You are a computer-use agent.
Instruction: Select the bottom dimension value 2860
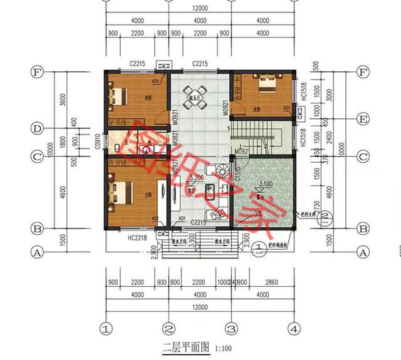[270, 283]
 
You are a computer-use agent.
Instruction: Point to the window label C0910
[98, 144]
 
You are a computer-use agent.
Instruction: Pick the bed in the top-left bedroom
[117, 95]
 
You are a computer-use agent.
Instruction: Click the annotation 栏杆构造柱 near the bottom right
[279, 245]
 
